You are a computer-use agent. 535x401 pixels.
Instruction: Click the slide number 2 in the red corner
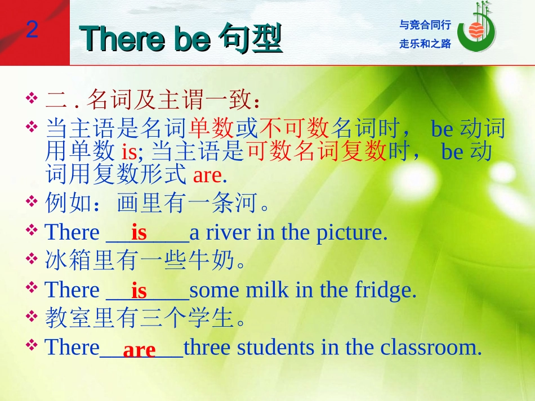pyautogui.click(x=32, y=29)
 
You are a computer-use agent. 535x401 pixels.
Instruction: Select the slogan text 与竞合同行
pyautogui.click(x=425, y=25)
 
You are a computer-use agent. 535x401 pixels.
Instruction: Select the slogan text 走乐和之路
pyautogui.click(x=425, y=44)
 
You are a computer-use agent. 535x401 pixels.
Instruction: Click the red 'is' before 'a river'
pyautogui.click(x=139, y=233)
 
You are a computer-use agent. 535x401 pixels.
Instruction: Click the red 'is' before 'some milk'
pyautogui.click(x=139, y=291)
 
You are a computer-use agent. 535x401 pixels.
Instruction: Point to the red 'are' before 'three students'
pyautogui.click(x=139, y=350)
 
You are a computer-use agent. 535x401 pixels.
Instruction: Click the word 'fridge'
pyautogui.click(x=386, y=291)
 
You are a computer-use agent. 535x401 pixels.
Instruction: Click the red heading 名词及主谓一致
pyautogui.click(x=170, y=100)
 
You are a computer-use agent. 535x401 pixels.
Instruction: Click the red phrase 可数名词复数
pyautogui.click(x=316, y=151)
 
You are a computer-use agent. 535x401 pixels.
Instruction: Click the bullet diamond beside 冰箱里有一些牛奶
pyautogui.click(x=32, y=258)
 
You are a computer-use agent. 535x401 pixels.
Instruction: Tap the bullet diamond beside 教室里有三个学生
pyautogui.click(x=32, y=316)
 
